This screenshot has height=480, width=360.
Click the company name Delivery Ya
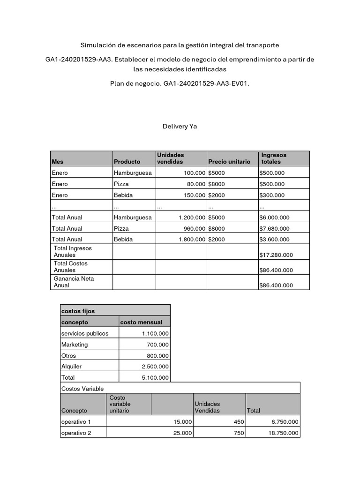pos(180,126)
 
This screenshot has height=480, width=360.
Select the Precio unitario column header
pos(229,162)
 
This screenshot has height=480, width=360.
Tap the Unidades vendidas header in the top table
pos(171,158)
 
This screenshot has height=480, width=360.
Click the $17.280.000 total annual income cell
pos(276,255)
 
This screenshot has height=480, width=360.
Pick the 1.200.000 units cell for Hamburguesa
pos(192,217)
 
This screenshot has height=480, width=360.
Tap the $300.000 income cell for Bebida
pos(272,195)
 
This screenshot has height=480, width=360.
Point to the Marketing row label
pos(74,345)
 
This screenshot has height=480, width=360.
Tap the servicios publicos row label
pos(84,333)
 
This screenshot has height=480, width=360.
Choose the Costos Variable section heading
pos(82,389)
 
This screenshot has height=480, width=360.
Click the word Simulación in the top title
pos(98,45)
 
